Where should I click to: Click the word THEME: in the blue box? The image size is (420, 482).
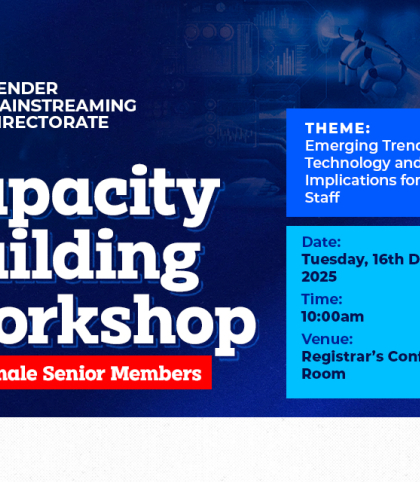[337, 129]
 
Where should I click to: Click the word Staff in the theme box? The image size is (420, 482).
[322, 198]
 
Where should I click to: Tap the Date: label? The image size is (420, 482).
[321, 242]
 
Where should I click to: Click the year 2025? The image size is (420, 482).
[321, 275]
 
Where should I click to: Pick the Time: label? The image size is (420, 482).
[322, 299]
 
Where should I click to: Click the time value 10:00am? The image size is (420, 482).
[332, 316]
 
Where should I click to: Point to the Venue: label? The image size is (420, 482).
[327, 339]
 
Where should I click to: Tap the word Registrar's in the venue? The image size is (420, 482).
[343, 357]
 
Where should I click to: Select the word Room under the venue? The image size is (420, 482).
[323, 374]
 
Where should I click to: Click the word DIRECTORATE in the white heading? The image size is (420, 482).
[56, 122]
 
